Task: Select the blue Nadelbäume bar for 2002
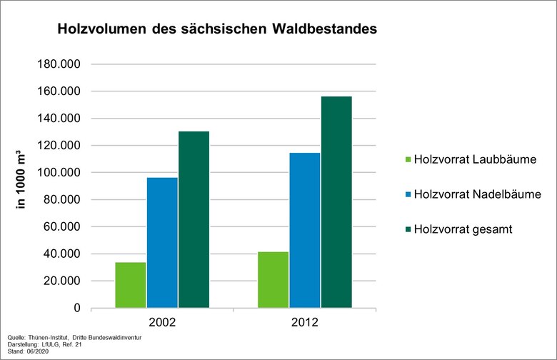[x=162, y=243]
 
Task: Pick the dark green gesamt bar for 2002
[x=194, y=219]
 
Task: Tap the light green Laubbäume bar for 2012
[x=273, y=280]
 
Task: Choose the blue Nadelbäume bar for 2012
[x=304, y=230]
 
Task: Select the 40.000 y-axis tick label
[x=61, y=254]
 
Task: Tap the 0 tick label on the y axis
[x=76, y=308]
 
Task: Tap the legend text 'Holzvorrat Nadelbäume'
[x=477, y=194]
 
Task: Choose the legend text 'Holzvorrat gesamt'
[x=464, y=229]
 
